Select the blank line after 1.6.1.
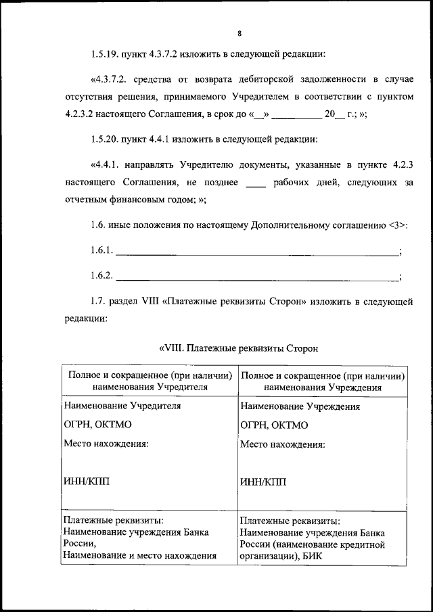[x=258, y=252]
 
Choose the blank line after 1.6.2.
[x=258, y=275]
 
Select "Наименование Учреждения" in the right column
[x=300, y=406]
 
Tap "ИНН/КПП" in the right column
[x=263, y=481]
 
